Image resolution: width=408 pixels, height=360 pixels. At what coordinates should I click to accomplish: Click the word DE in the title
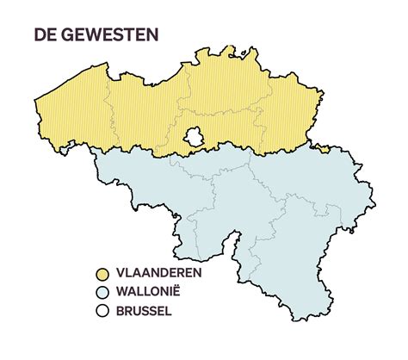pyautogui.click(x=45, y=35)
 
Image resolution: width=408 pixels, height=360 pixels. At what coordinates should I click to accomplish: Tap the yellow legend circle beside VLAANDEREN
pyautogui.click(x=102, y=273)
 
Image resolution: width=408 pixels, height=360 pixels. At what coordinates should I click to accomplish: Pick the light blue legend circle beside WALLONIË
pyautogui.click(x=102, y=292)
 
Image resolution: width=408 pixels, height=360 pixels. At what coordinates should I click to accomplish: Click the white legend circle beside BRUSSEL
pyautogui.click(x=102, y=311)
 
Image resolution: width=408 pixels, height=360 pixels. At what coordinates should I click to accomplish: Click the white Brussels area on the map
pyautogui.click(x=195, y=136)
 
